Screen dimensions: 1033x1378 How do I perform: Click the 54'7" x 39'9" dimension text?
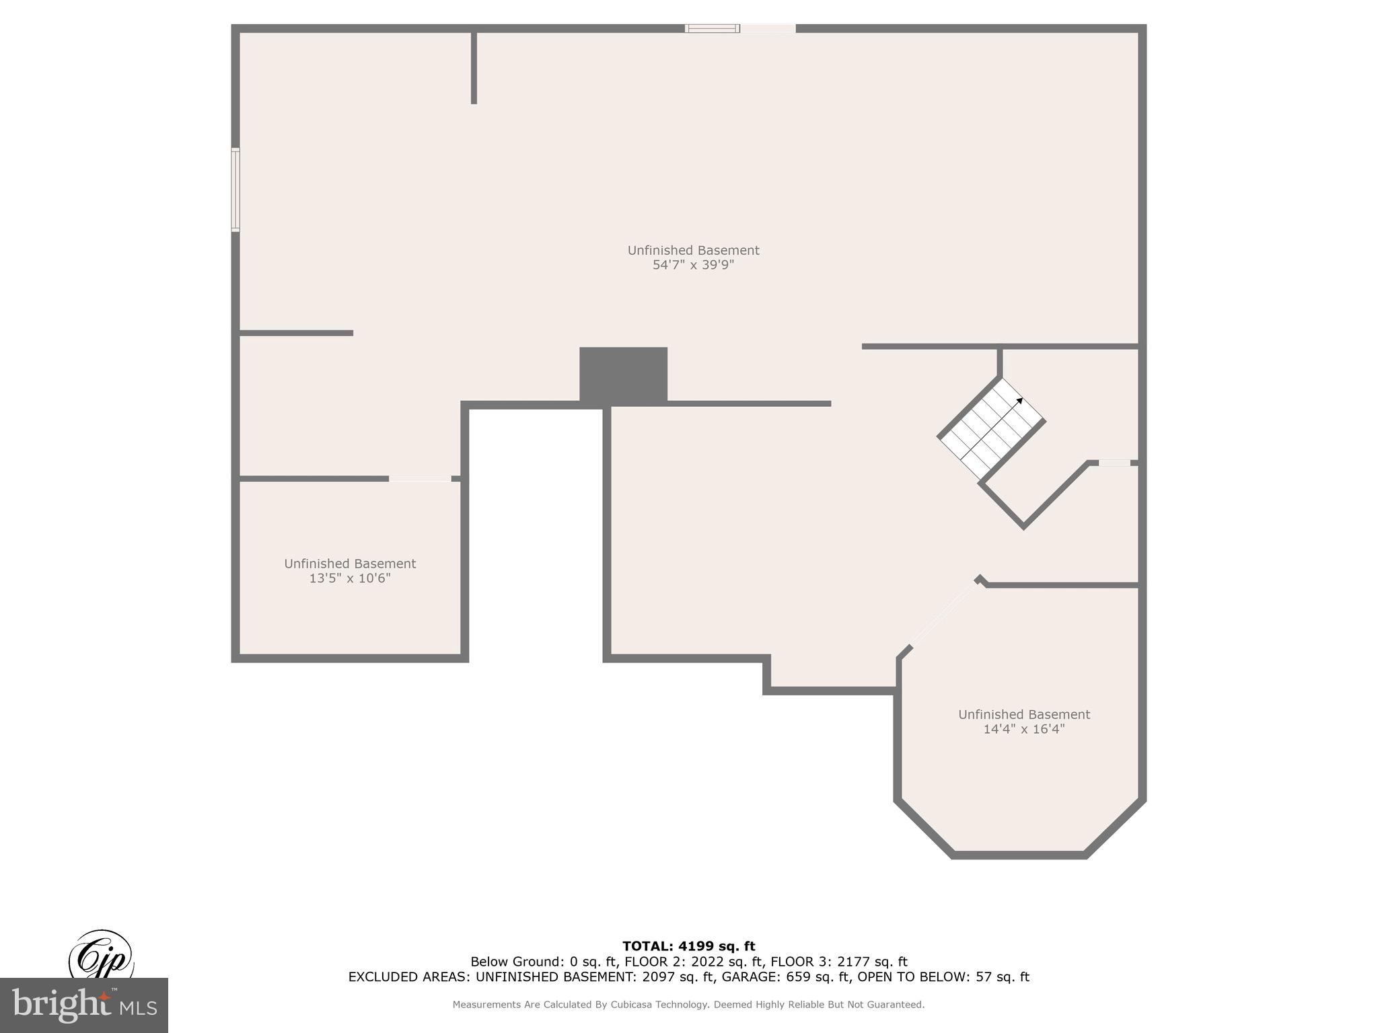pos(693,265)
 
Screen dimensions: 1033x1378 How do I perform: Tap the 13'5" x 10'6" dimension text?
pos(350,578)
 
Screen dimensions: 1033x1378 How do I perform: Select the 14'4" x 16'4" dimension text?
pos(1023,729)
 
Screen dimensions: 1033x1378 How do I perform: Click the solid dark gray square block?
pos(623,375)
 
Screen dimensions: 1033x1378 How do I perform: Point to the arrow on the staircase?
pos(1019,401)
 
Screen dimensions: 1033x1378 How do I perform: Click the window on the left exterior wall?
pos(235,190)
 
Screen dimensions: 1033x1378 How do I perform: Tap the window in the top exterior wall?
pos(713,28)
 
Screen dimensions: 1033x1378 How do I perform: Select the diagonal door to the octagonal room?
pos(943,614)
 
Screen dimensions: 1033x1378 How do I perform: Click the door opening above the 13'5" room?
pos(420,479)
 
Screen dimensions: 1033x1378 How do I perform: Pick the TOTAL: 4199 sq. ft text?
pos(688,946)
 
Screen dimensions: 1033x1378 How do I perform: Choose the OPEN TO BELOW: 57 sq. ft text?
pos(943,977)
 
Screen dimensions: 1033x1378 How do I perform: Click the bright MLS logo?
pos(84,1005)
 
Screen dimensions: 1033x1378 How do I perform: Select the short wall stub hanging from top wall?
pos(474,67)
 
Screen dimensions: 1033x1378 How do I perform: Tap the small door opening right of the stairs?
pos(1114,463)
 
